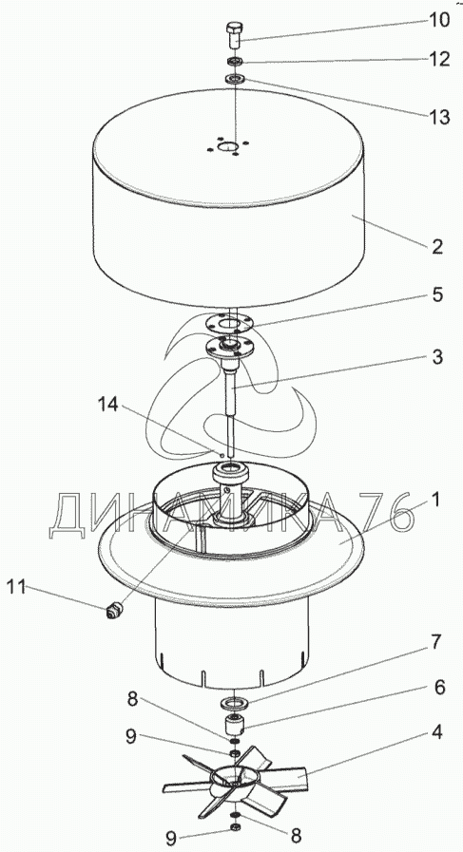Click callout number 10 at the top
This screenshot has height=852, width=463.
click(x=437, y=20)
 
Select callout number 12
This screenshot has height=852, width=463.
click(x=437, y=59)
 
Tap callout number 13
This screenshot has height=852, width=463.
click(x=437, y=116)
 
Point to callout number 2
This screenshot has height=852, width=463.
click(x=437, y=247)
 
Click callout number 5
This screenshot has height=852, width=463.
click(x=437, y=294)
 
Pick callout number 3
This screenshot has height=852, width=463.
click(x=437, y=357)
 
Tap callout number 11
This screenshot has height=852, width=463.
click(x=16, y=587)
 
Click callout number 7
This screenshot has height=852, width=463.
click(x=437, y=643)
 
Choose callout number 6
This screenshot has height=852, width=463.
click(x=439, y=688)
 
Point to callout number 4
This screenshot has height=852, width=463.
click(x=437, y=732)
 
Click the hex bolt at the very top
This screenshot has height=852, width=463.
click(x=235, y=34)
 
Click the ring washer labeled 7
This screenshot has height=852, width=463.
click(x=235, y=704)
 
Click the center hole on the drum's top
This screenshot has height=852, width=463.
click(x=229, y=146)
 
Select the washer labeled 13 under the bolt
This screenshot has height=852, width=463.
click(x=235, y=80)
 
